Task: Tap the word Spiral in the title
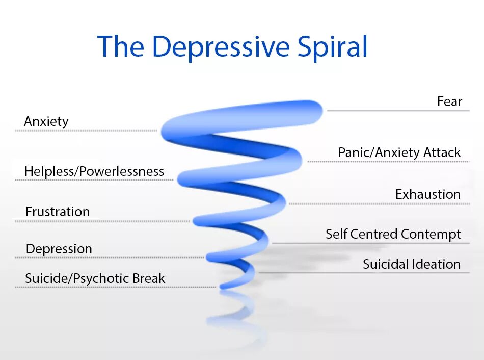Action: point(332,47)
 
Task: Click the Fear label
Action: point(449,101)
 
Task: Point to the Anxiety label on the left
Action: point(46,122)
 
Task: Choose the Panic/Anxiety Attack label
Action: point(399,152)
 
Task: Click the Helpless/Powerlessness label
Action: point(94,172)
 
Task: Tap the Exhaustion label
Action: point(428,194)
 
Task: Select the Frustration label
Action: point(58,212)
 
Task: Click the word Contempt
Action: point(431,234)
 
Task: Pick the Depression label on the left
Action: point(59,249)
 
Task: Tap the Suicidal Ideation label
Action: point(412,264)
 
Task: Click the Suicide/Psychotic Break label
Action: point(95,279)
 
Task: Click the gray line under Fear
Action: point(397,110)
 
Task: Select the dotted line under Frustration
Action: point(102,221)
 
